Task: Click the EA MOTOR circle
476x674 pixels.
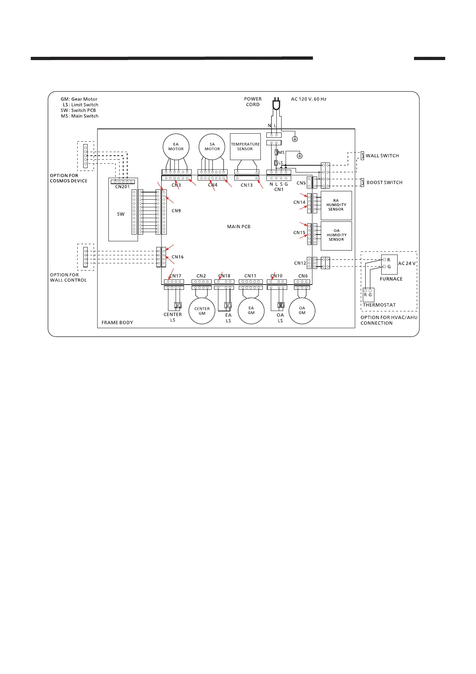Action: (x=176, y=146)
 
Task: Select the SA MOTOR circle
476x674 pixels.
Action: (x=212, y=146)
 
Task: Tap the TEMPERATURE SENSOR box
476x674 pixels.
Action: (x=245, y=146)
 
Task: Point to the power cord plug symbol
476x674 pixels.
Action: (x=276, y=105)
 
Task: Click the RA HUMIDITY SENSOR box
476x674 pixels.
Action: (x=336, y=205)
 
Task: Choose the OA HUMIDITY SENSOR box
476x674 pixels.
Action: (x=336, y=235)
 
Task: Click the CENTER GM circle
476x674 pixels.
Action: (x=202, y=311)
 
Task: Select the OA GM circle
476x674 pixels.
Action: (x=302, y=311)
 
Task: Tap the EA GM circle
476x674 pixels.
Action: (x=251, y=311)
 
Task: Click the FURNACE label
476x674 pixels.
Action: (x=391, y=279)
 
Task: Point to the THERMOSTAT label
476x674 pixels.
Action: (x=379, y=305)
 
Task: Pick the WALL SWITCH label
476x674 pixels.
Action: (x=382, y=156)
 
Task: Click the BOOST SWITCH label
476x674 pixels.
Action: (x=384, y=183)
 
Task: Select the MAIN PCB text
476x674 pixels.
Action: (x=239, y=227)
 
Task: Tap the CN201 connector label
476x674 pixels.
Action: (x=122, y=187)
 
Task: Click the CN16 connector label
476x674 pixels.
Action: (x=178, y=257)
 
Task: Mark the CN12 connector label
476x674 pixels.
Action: (x=300, y=263)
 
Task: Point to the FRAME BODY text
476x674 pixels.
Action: (x=117, y=323)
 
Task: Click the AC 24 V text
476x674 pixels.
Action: (x=407, y=263)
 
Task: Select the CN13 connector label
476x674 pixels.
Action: (x=246, y=185)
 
